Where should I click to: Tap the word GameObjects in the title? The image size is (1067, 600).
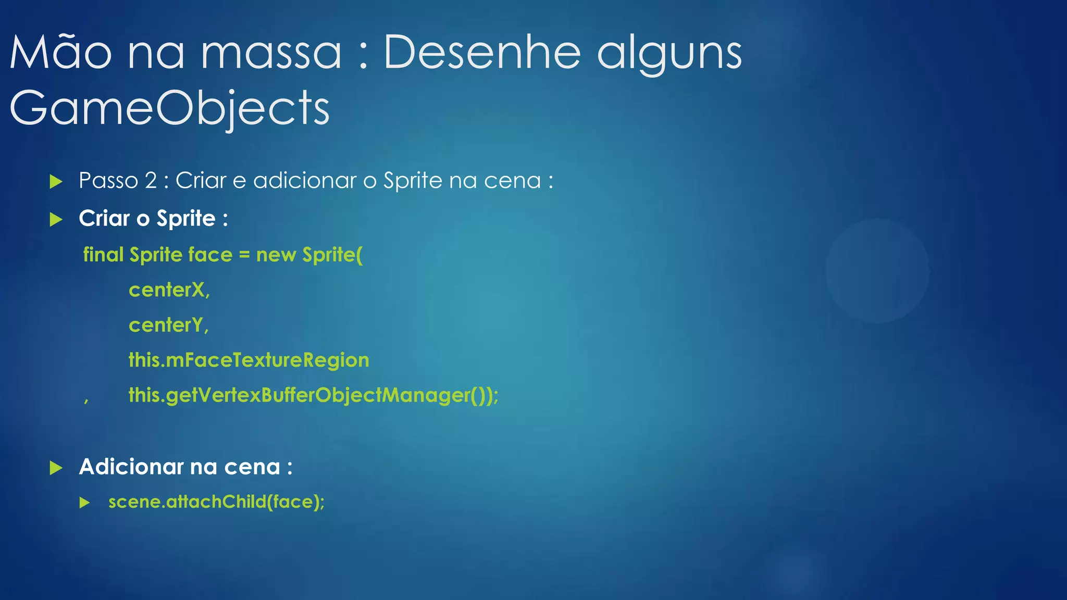pyautogui.click(x=170, y=108)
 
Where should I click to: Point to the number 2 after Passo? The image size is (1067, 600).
pyautogui.click(x=151, y=181)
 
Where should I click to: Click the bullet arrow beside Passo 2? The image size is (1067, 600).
pyautogui.click(x=56, y=182)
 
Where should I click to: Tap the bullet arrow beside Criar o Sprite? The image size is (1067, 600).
pyautogui.click(x=56, y=219)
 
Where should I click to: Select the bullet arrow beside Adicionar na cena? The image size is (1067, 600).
pyautogui.click(x=56, y=468)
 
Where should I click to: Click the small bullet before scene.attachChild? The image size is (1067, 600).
pyautogui.click(x=85, y=503)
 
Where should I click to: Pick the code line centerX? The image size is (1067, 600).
pyautogui.click(x=169, y=290)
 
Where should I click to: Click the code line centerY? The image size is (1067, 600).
pyautogui.click(x=169, y=326)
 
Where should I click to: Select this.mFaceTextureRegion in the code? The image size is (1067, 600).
pyautogui.click(x=249, y=360)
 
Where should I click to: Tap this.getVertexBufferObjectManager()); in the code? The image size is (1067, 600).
pyautogui.click(x=314, y=395)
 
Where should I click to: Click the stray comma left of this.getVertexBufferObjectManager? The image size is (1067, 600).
pyautogui.click(x=86, y=400)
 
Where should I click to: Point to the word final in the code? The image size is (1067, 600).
pyautogui.click(x=103, y=255)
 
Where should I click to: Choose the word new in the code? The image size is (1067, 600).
pyautogui.click(x=276, y=255)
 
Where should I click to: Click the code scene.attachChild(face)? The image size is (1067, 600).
pyautogui.click(x=217, y=502)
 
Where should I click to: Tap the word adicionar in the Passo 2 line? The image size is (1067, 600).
pyautogui.click(x=305, y=181)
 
